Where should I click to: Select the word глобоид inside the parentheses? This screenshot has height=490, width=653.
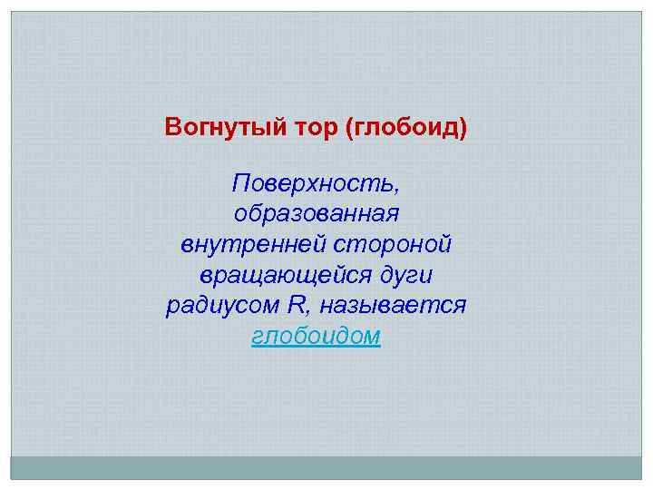404,126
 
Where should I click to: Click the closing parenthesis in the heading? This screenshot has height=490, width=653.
463,126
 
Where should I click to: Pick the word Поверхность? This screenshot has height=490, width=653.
312,184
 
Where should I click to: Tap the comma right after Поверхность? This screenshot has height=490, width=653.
395,189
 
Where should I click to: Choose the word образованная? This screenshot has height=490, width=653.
316,215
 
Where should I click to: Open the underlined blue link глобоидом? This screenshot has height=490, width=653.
316,336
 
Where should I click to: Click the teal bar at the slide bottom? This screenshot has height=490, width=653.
326,467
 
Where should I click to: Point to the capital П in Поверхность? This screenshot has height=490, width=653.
240,184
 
